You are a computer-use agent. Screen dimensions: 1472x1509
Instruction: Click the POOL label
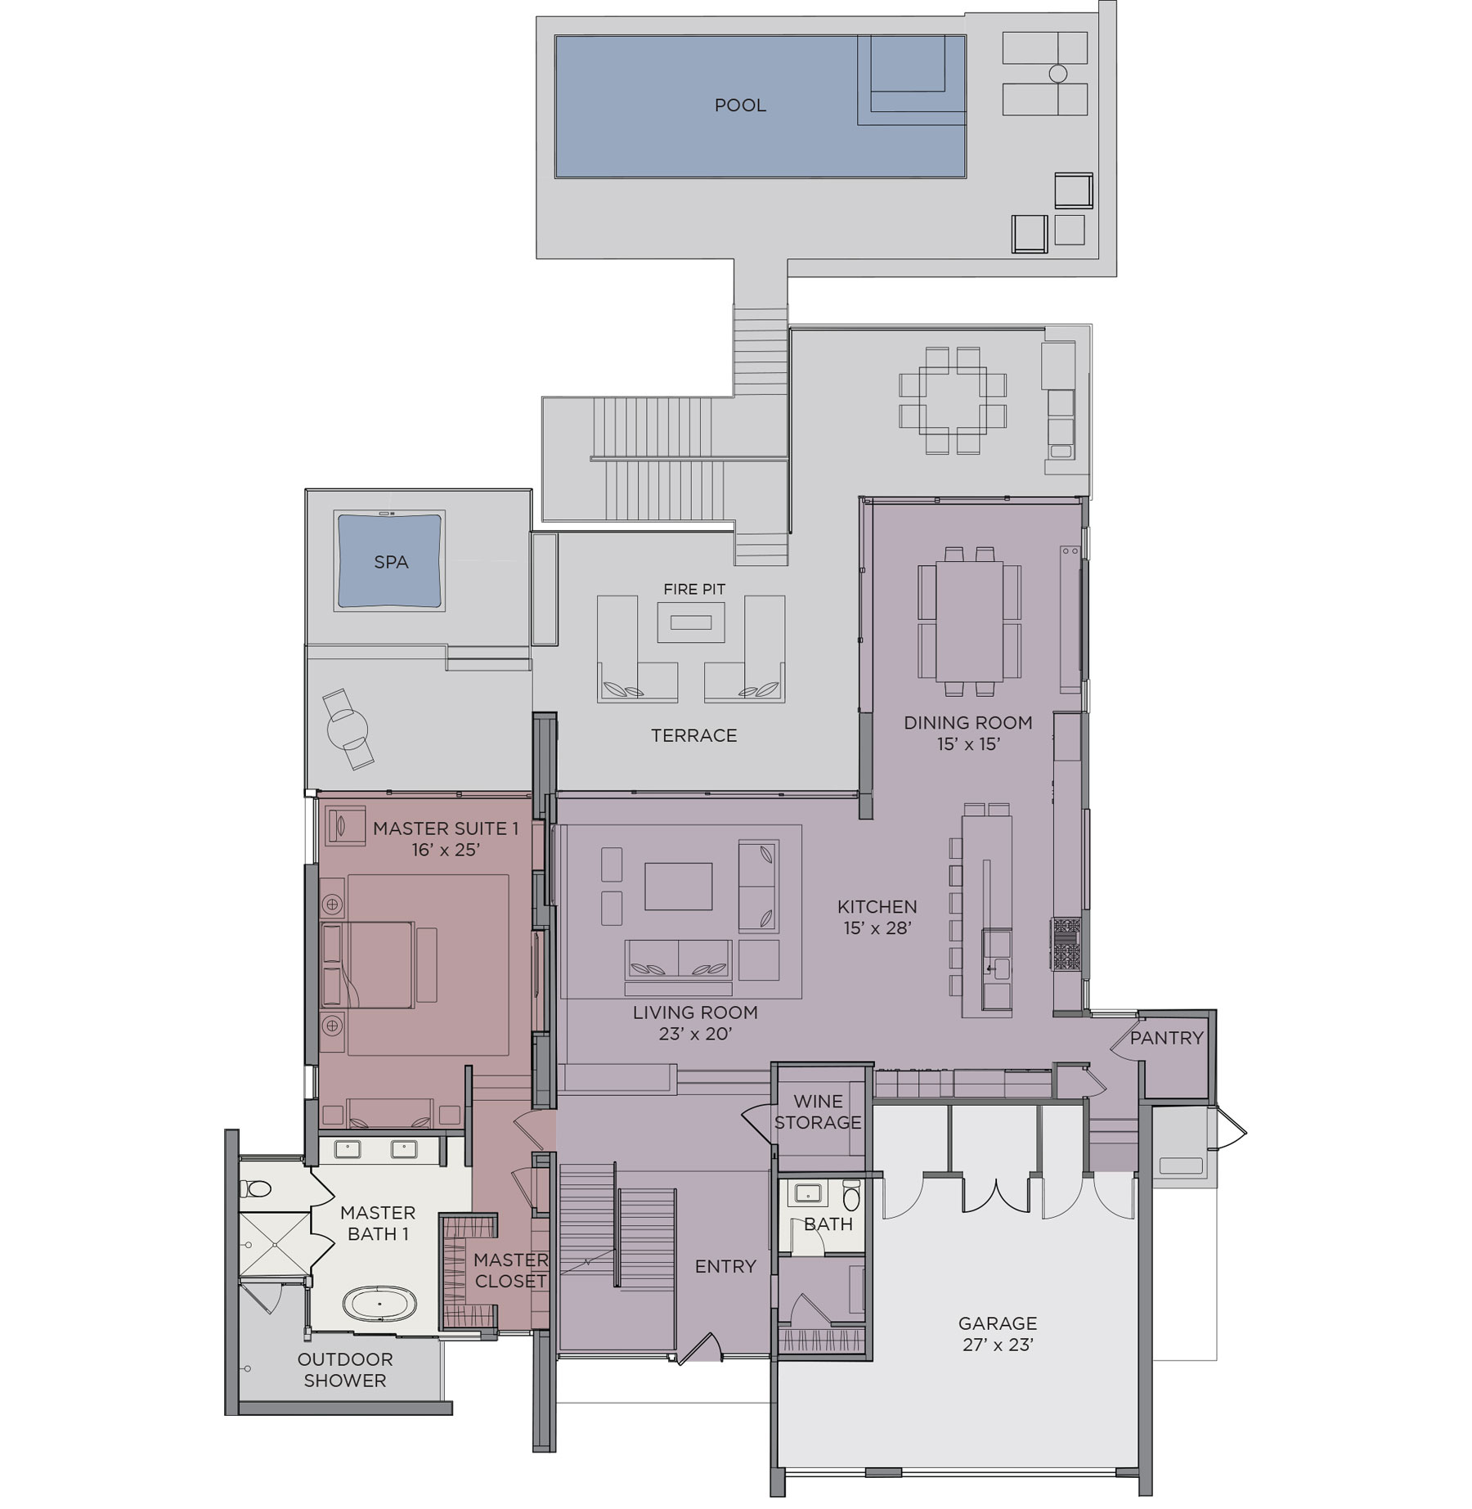(x=740, y=106)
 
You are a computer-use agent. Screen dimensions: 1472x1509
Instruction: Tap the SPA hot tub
(x=390, y=561)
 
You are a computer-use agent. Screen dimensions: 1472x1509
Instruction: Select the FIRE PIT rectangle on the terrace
(x=691, y=622)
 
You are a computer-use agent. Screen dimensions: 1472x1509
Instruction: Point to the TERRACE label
(x=693, y=735)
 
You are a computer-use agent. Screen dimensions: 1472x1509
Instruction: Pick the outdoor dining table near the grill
(x=953, y=401)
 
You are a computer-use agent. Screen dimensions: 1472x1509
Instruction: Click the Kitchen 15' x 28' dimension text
(x=877, y=927)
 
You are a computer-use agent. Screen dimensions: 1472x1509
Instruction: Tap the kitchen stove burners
(x=1066, y=944)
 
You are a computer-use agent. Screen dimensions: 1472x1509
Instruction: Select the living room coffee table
(x=678, y=887)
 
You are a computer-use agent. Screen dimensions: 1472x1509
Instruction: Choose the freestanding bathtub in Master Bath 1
(x=379, y=1303)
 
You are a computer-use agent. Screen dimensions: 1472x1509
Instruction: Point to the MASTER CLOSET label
(x=510, y=1270)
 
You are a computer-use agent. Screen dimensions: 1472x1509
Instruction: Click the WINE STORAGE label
(x=818, y=1112)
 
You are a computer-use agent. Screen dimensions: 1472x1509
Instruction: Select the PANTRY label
(x=1167, y=1038)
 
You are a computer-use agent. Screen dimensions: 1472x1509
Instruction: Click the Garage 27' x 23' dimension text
(x=998, y=1345)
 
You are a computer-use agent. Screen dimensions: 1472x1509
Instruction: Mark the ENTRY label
(x=725, y=1267)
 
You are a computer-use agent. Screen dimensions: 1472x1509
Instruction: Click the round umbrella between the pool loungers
(x=1057, y=74)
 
